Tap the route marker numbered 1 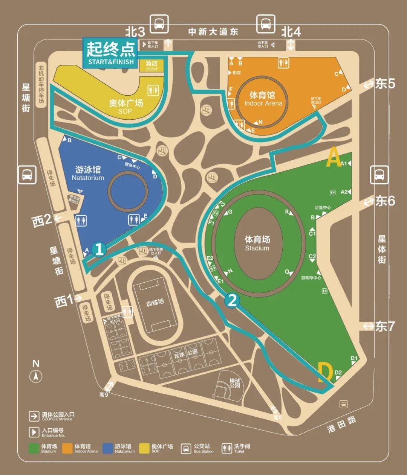(99, 249)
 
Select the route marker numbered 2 (232, 300)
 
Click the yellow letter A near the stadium (333, 157)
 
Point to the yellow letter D (325, 372)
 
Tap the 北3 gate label (135, 32)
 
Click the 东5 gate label (385, 84)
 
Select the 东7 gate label (385, 326)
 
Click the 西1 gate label (64, 301)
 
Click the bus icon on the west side (28, 175)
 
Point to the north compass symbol (36, 375)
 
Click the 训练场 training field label (155, 302)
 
